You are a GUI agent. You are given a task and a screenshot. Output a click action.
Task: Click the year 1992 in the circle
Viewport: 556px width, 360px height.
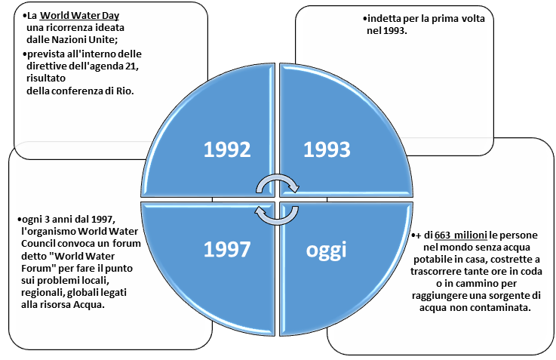pos(227,149)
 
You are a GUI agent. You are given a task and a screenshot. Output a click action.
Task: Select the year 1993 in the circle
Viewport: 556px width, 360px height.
pos(327,149)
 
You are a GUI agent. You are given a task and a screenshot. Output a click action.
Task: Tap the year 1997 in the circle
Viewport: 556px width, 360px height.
pos(227,250)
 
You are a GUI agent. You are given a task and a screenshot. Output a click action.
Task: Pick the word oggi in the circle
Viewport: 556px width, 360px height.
pos(327,250)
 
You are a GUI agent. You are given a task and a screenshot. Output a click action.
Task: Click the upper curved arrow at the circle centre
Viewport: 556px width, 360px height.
pos(278,183)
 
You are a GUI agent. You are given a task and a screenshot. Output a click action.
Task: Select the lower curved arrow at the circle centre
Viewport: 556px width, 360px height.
pos(273,215)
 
